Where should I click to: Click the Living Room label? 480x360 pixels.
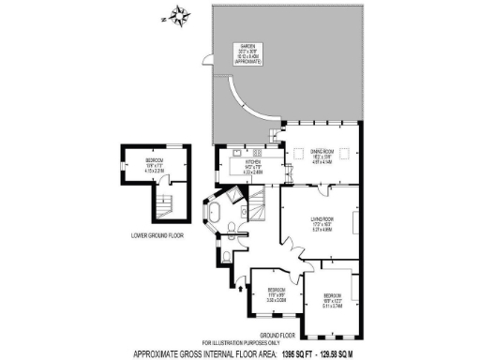(x=322, y=221)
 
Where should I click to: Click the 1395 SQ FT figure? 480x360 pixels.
(x=296, y=354)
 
